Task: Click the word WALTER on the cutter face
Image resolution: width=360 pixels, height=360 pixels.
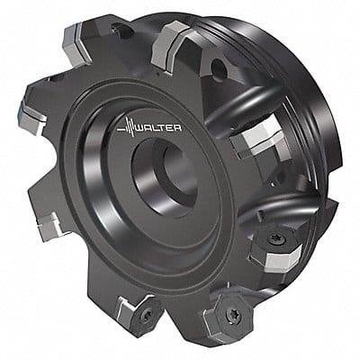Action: click(159, 128)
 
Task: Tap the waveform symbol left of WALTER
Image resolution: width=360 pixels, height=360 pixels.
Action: click(126, 128)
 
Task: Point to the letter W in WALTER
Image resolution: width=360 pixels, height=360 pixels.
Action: click(141, 128)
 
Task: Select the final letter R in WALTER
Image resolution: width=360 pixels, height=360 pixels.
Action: click(178, 128)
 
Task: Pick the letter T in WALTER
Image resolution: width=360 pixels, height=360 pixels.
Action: click(163, 128)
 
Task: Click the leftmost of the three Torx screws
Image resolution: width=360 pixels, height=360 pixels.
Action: click(147, 315)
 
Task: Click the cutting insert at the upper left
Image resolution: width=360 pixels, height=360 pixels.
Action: click(76, 42)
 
